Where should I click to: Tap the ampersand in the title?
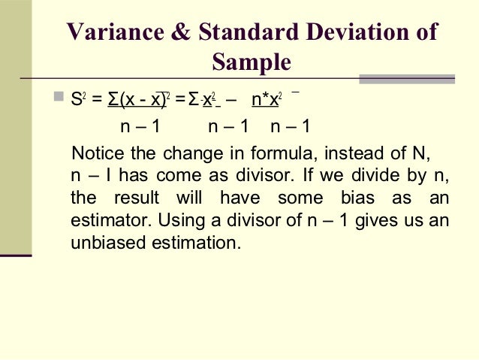click(x=180, y=32)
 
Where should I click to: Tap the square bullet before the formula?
click(x=60, y=97)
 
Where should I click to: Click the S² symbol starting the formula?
click(x=77, y=98)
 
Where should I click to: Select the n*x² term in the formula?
click(x=267, y=98)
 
